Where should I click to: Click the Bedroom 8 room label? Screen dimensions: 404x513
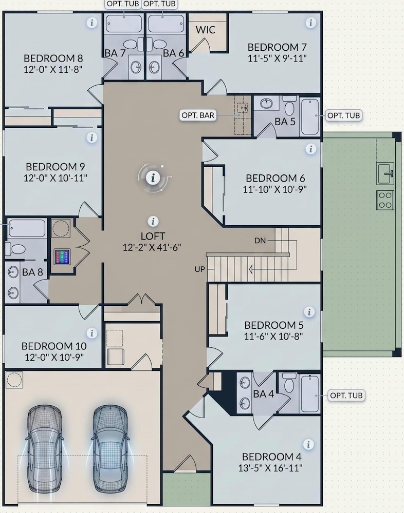pyautogui.click(x=53, y=58)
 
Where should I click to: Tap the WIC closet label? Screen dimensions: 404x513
pyautogui.click(x=206, y=30)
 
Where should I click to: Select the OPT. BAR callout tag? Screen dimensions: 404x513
pyautogui.click(x=198, y=115)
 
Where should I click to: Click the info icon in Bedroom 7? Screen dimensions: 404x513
pyautogui.click(x=310, y=23)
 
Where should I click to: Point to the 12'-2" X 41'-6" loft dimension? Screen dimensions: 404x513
pyautogui.click(x=152, y=247)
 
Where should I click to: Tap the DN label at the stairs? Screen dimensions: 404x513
pyautogui.click(x=260, y=241)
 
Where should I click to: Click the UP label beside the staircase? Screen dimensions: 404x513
pyautogui.click(x=200, y=269)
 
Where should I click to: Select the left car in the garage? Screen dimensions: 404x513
pyautogui.click(x=44, y=448)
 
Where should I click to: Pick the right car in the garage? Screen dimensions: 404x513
pyautogui.click(x=110, y=448)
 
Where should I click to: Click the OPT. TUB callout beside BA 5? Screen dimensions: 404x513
pyautogui.click(x=344, y=115)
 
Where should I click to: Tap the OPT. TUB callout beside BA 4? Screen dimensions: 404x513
pyautogui.click(x=346, y=395)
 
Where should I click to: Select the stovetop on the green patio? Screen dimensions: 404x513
pyautogui.click(x=385, y=200)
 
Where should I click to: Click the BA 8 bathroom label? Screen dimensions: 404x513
pyautogui.click(x=32, y=272)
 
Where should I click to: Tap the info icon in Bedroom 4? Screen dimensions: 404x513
pyautogui.click(x=308, y=444)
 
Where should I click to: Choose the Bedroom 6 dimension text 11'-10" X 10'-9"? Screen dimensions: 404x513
pyautogui.click(x=275, y=189)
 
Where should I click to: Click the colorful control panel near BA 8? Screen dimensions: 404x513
pyautogui.click(x=62, y=257)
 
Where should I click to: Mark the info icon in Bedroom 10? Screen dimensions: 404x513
pyautogui.click(x=91, y=333)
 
